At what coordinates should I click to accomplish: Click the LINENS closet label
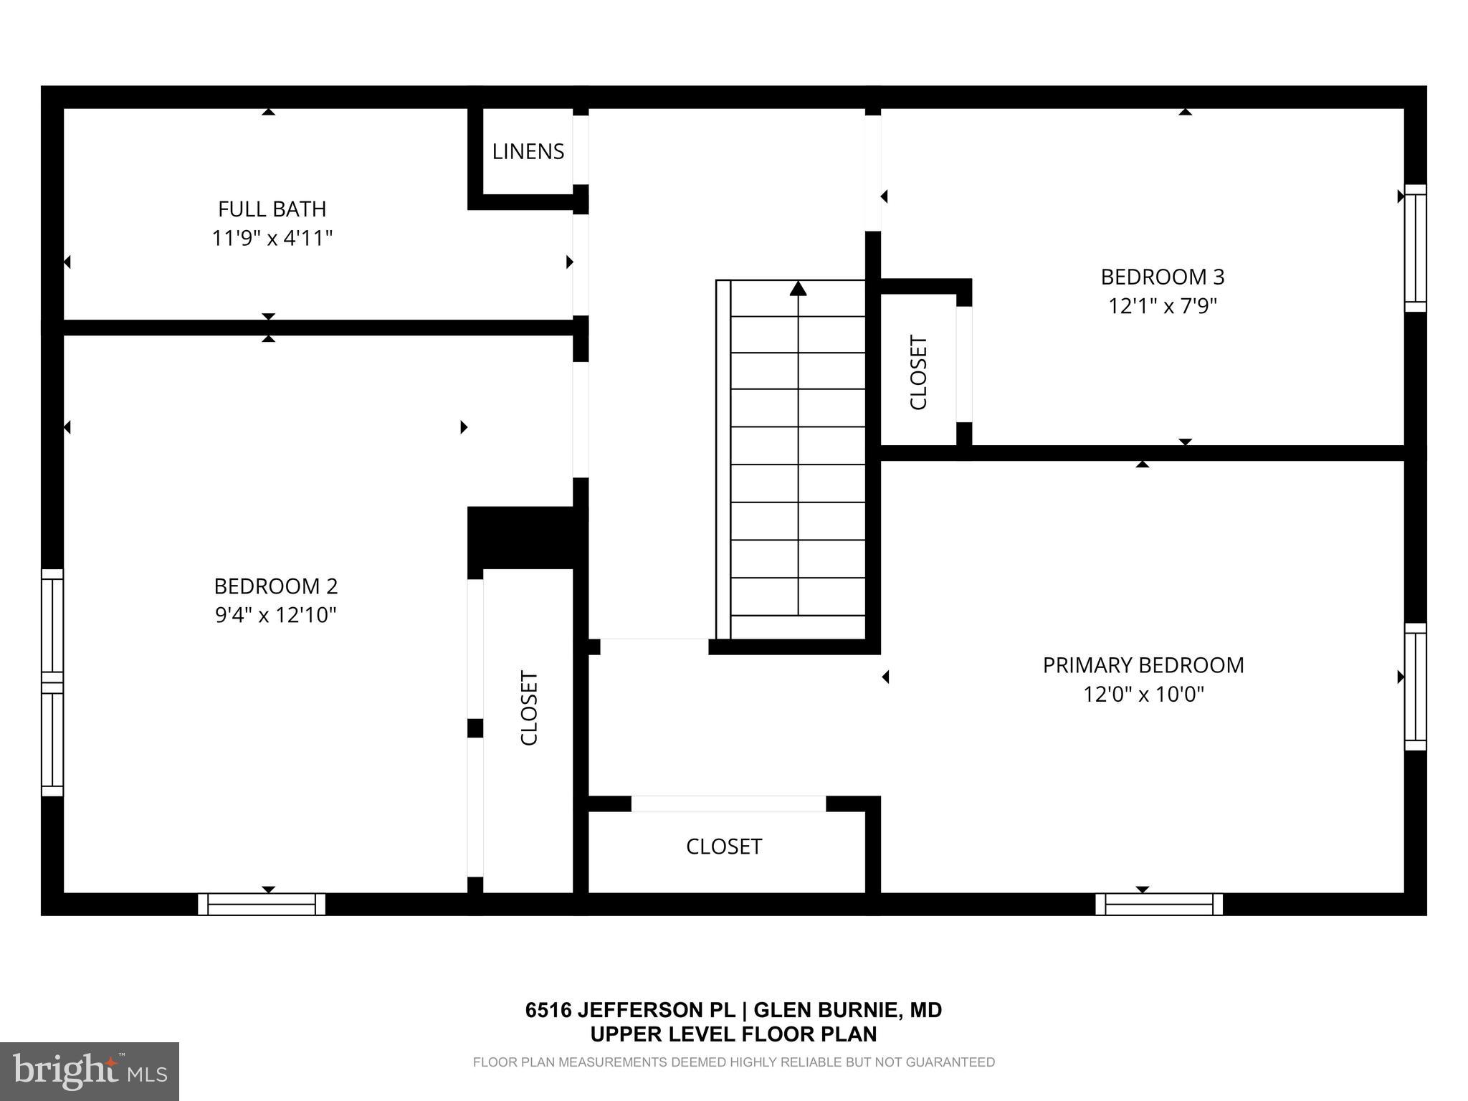528,152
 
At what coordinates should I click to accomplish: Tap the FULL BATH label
272,209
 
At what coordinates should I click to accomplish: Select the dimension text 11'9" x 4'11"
272,238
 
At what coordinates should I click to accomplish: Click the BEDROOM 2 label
276,586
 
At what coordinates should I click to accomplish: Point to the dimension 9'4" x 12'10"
276,615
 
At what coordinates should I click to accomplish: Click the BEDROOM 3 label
1163,277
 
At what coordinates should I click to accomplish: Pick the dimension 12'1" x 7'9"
1163,306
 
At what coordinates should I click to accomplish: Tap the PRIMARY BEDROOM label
1143,665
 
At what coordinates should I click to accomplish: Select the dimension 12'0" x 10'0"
1143,694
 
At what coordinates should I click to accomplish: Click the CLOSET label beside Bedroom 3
919,373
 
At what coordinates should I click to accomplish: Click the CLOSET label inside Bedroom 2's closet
529,708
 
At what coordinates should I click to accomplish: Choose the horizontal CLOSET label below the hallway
724,847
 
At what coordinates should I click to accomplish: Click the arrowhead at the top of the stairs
799,288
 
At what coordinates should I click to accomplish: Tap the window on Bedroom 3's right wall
1415,248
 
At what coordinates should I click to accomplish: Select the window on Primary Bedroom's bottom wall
1159,904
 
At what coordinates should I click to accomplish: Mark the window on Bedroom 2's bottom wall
262,904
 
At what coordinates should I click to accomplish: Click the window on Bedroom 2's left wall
52,682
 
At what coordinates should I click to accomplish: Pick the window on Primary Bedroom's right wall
1415,687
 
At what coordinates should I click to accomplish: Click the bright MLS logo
90,1071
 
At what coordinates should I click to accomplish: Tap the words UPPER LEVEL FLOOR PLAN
733,1034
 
